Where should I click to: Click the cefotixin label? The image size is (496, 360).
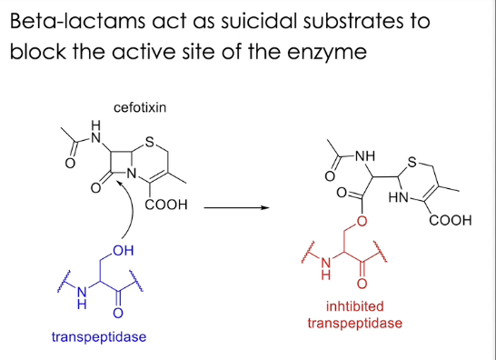(x=140, y=107)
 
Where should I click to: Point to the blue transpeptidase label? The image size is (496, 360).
(x=99, y=337)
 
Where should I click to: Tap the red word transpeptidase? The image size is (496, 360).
(x=354, y=323)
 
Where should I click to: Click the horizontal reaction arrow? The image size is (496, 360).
(x=235, y=207)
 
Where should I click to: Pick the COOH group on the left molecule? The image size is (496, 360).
(x=167, y=206)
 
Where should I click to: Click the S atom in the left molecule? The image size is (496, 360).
(x=150, y=140)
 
